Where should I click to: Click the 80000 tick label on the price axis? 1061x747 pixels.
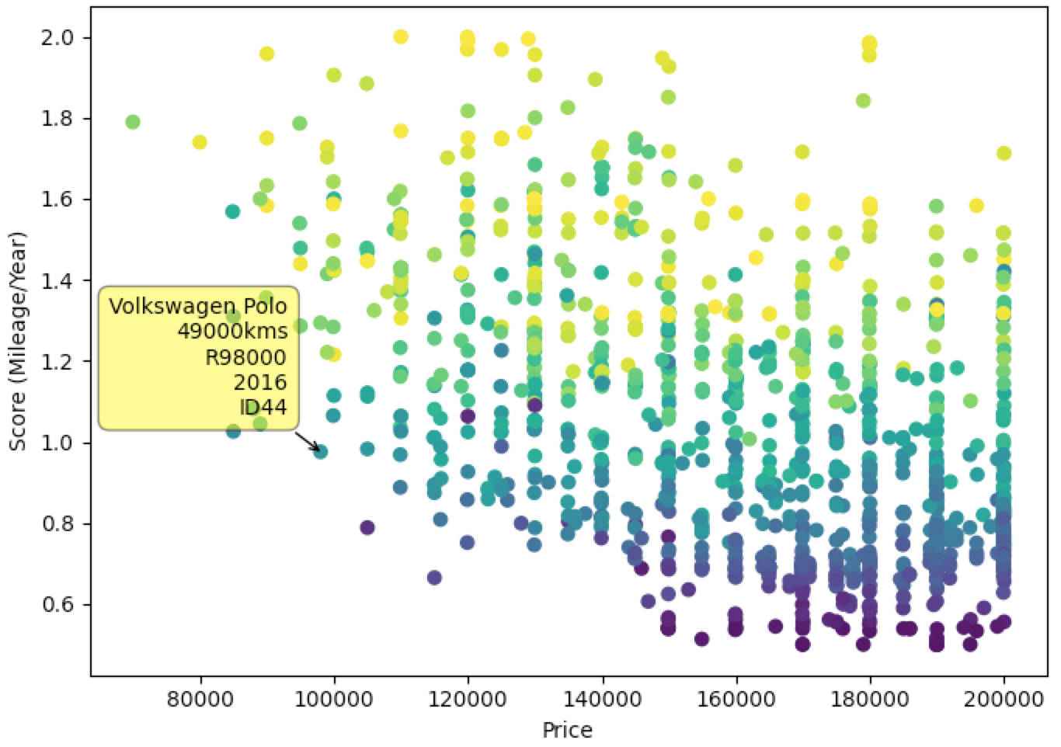(200, 698)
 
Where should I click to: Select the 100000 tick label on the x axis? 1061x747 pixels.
(334, 698)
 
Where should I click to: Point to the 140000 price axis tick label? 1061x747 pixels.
(602, 698)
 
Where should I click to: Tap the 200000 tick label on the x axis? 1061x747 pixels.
(1004, 698)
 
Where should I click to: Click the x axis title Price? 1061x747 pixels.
(567, 730)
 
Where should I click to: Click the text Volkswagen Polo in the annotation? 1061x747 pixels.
(198, 306)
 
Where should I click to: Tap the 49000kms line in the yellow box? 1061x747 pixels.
(232, 332)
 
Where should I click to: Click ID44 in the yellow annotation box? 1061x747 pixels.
(263, 407)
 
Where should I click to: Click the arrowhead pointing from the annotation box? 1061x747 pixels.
(315, 448)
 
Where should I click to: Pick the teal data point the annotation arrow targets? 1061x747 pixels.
(321, 451)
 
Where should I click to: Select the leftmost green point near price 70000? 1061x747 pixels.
(133, 122)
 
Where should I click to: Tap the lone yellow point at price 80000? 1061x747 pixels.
(200, 141)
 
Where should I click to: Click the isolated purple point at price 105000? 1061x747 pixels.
(367, 527)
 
